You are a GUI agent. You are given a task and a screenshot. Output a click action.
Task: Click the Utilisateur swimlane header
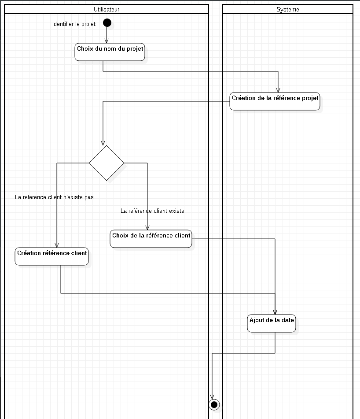point(106,9)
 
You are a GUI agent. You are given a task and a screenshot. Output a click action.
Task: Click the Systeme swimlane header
point(287,9)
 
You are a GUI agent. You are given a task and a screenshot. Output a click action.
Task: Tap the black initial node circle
point(107,22)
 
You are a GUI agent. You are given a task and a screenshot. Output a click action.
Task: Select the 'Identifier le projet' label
point(74,24)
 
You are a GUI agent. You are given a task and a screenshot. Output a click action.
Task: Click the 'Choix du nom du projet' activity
point(110,52)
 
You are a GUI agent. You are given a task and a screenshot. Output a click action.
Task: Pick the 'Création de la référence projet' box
point(275,101)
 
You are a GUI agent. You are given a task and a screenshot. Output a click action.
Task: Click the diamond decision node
point(107,163)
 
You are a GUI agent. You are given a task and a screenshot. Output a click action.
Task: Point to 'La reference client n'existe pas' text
point(54,197)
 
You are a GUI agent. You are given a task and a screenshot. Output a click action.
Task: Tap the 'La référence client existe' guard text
point(152,211)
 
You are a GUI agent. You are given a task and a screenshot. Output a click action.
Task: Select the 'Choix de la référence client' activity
point(151,239)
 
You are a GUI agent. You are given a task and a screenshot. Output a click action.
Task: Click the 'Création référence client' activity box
point(52,256)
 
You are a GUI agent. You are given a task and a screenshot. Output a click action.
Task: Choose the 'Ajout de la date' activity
point(272,323)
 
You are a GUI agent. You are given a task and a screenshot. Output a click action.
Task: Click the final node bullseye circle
point(214,404)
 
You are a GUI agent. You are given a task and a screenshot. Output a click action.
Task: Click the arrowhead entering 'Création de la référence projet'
point(278,90)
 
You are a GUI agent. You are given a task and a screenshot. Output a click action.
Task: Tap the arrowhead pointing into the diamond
point(103,143)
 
